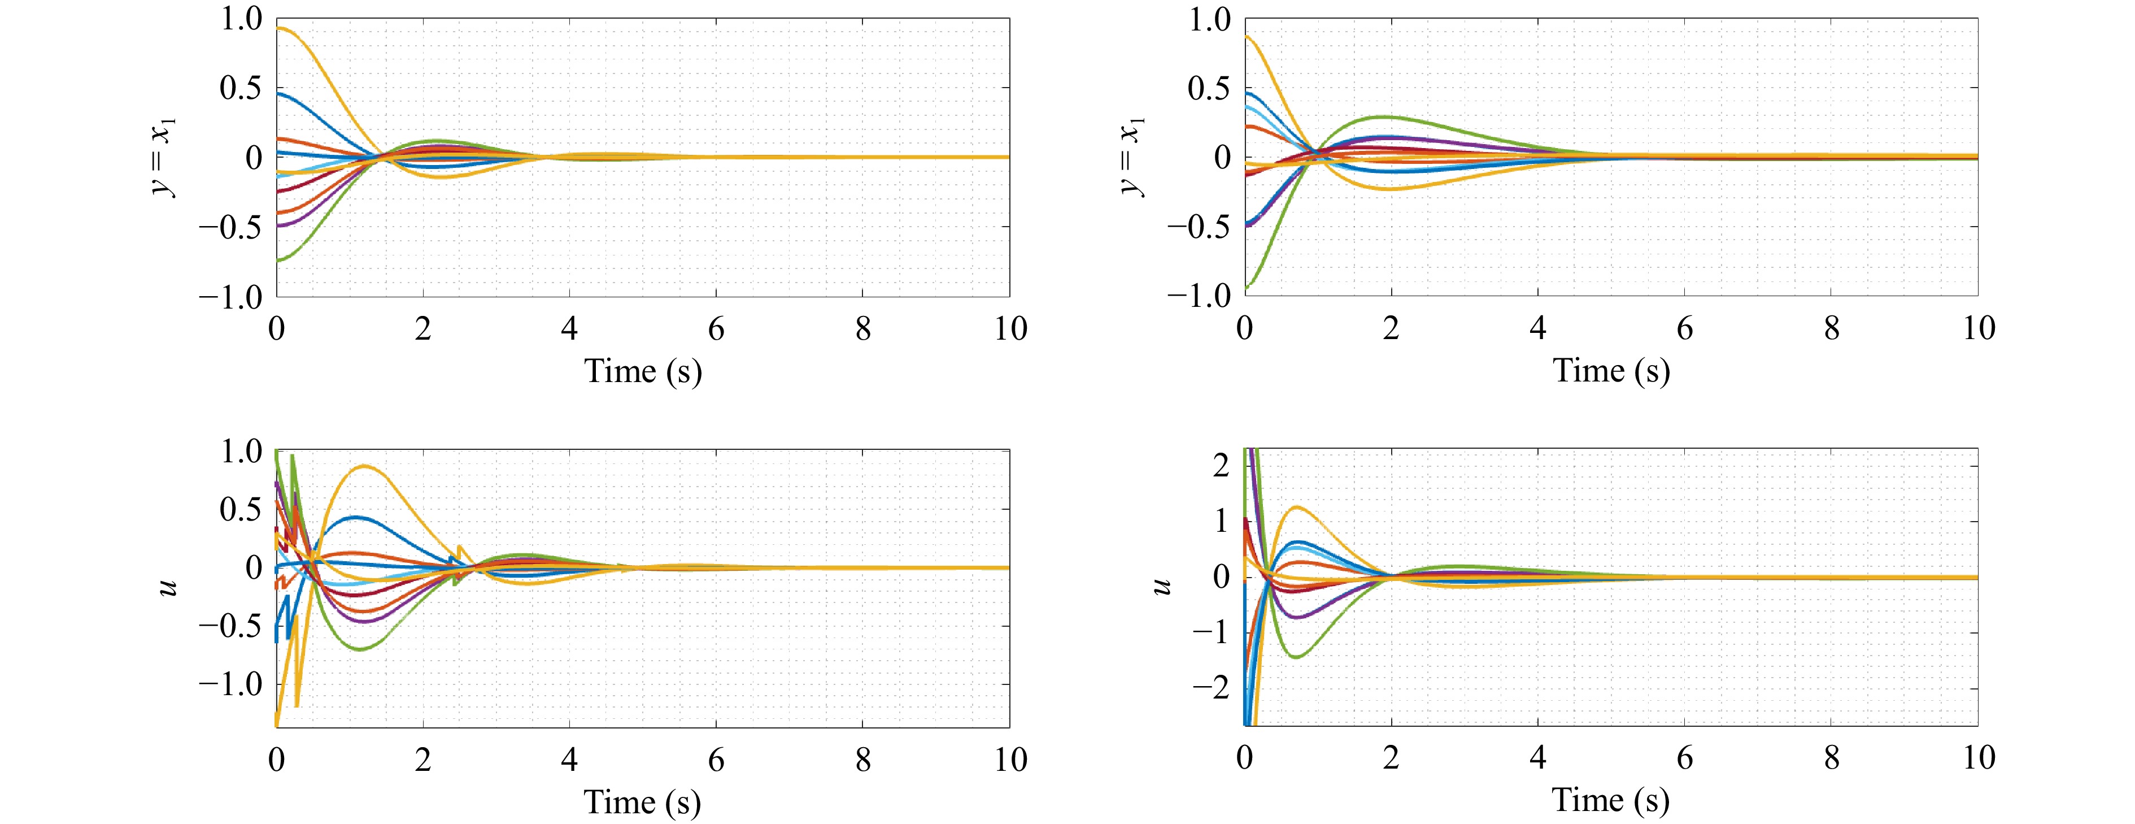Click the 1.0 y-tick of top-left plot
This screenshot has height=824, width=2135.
[x=241, y=19]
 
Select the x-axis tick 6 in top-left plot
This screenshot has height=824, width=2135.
[x=716, y=329]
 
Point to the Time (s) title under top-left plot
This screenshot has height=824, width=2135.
[x=643, y=371]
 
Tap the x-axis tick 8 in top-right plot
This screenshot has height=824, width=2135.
[x=1832, y=329]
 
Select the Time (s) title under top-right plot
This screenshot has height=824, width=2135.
[x=1611, y=371]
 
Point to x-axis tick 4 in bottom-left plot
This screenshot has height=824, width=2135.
[x=569, y=760]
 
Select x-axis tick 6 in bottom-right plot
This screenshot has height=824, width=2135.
[x=1685, y=758]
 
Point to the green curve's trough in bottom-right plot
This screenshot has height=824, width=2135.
[x=1296, y=657]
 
